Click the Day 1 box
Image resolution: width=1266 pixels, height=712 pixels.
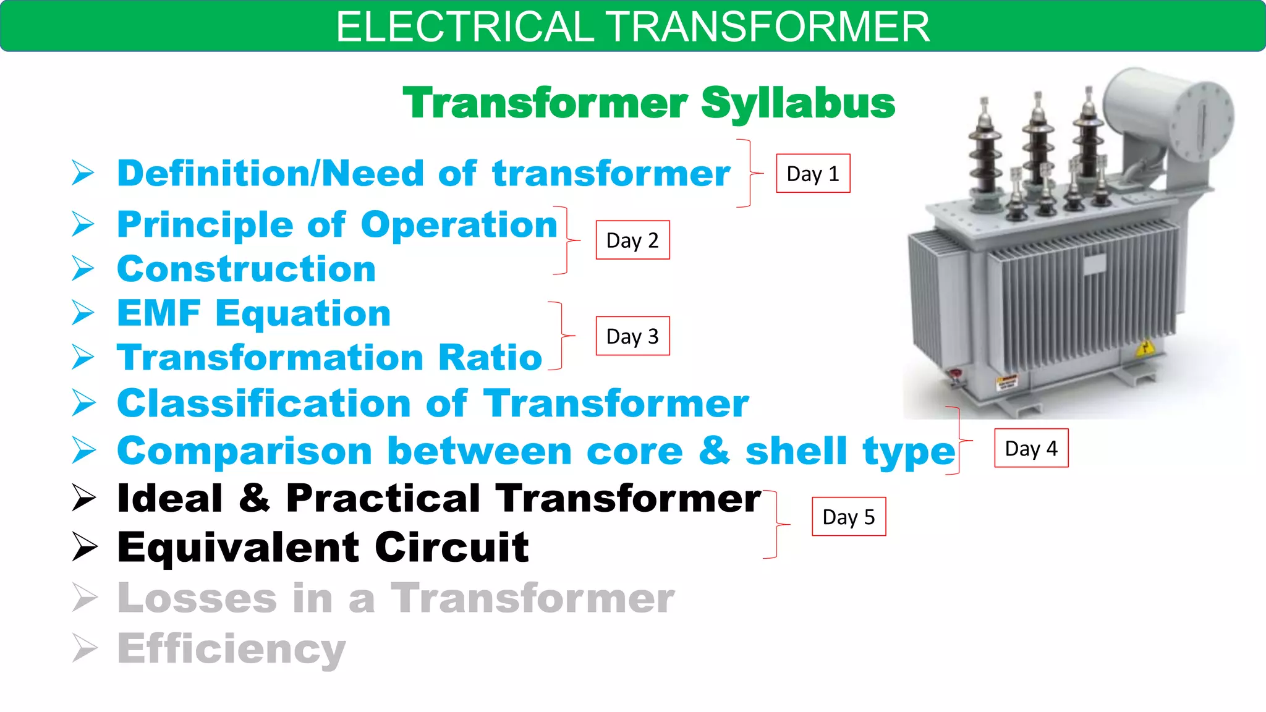click(813, 174)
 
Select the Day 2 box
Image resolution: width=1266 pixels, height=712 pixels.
click(632, 240)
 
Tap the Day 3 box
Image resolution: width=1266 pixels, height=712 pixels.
click(632, 336)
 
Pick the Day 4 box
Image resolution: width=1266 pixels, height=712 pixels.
click(1031, 448)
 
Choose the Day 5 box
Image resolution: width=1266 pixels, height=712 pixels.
click(849, 517)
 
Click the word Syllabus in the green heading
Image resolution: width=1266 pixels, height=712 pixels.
click(798, 103)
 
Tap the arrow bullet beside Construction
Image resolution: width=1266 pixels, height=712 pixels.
click(83, 269)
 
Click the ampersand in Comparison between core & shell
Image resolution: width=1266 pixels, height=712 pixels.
click(714, 450)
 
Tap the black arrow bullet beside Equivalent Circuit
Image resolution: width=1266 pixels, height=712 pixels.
click(84, 547)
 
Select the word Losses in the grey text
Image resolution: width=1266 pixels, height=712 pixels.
click(197, 598)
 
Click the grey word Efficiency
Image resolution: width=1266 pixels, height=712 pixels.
click(231, 650)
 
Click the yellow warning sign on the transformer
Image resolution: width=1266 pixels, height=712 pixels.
click(1145, 349)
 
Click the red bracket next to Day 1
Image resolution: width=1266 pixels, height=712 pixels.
click(749, 174)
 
